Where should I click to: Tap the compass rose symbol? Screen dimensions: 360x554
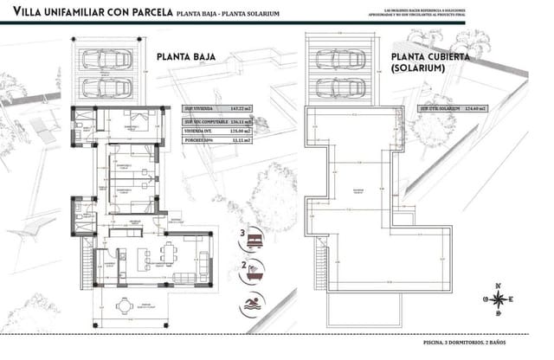click(x=499, y=299)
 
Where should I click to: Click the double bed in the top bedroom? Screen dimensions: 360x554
click(x=138, y=120)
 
